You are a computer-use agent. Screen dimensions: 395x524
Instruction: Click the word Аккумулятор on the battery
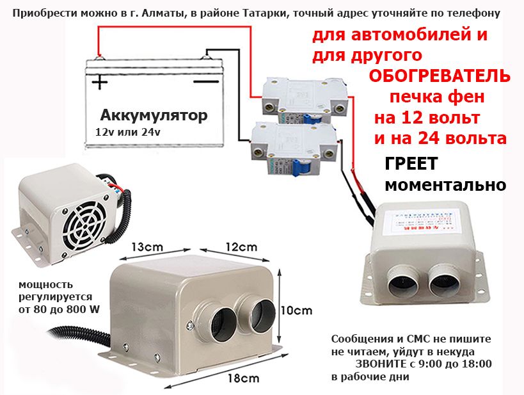tap(154, 116)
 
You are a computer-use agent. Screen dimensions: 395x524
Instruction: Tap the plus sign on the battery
tap(99, 82)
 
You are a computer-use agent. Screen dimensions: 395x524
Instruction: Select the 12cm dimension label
tap(241, 247)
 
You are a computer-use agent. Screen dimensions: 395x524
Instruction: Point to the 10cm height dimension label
tap(297, 310)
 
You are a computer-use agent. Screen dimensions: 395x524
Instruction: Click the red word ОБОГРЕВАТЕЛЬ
tap(440, 77)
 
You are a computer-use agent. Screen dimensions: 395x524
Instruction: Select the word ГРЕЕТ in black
tap(410, 165)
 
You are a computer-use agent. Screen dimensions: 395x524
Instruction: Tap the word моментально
tap(445, 186)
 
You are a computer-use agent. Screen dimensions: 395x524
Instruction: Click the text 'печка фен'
tap(437, 97)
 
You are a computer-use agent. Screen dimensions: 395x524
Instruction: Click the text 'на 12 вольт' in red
tap(427, 118)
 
